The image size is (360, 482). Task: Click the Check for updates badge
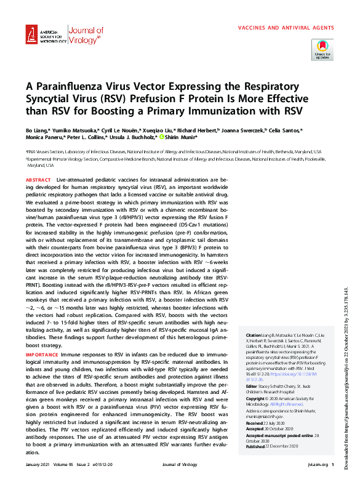click(x=323, y=49)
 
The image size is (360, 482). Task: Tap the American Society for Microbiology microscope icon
click(x=32, y=36)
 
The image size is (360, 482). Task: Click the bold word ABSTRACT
click(x=39, y=179)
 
